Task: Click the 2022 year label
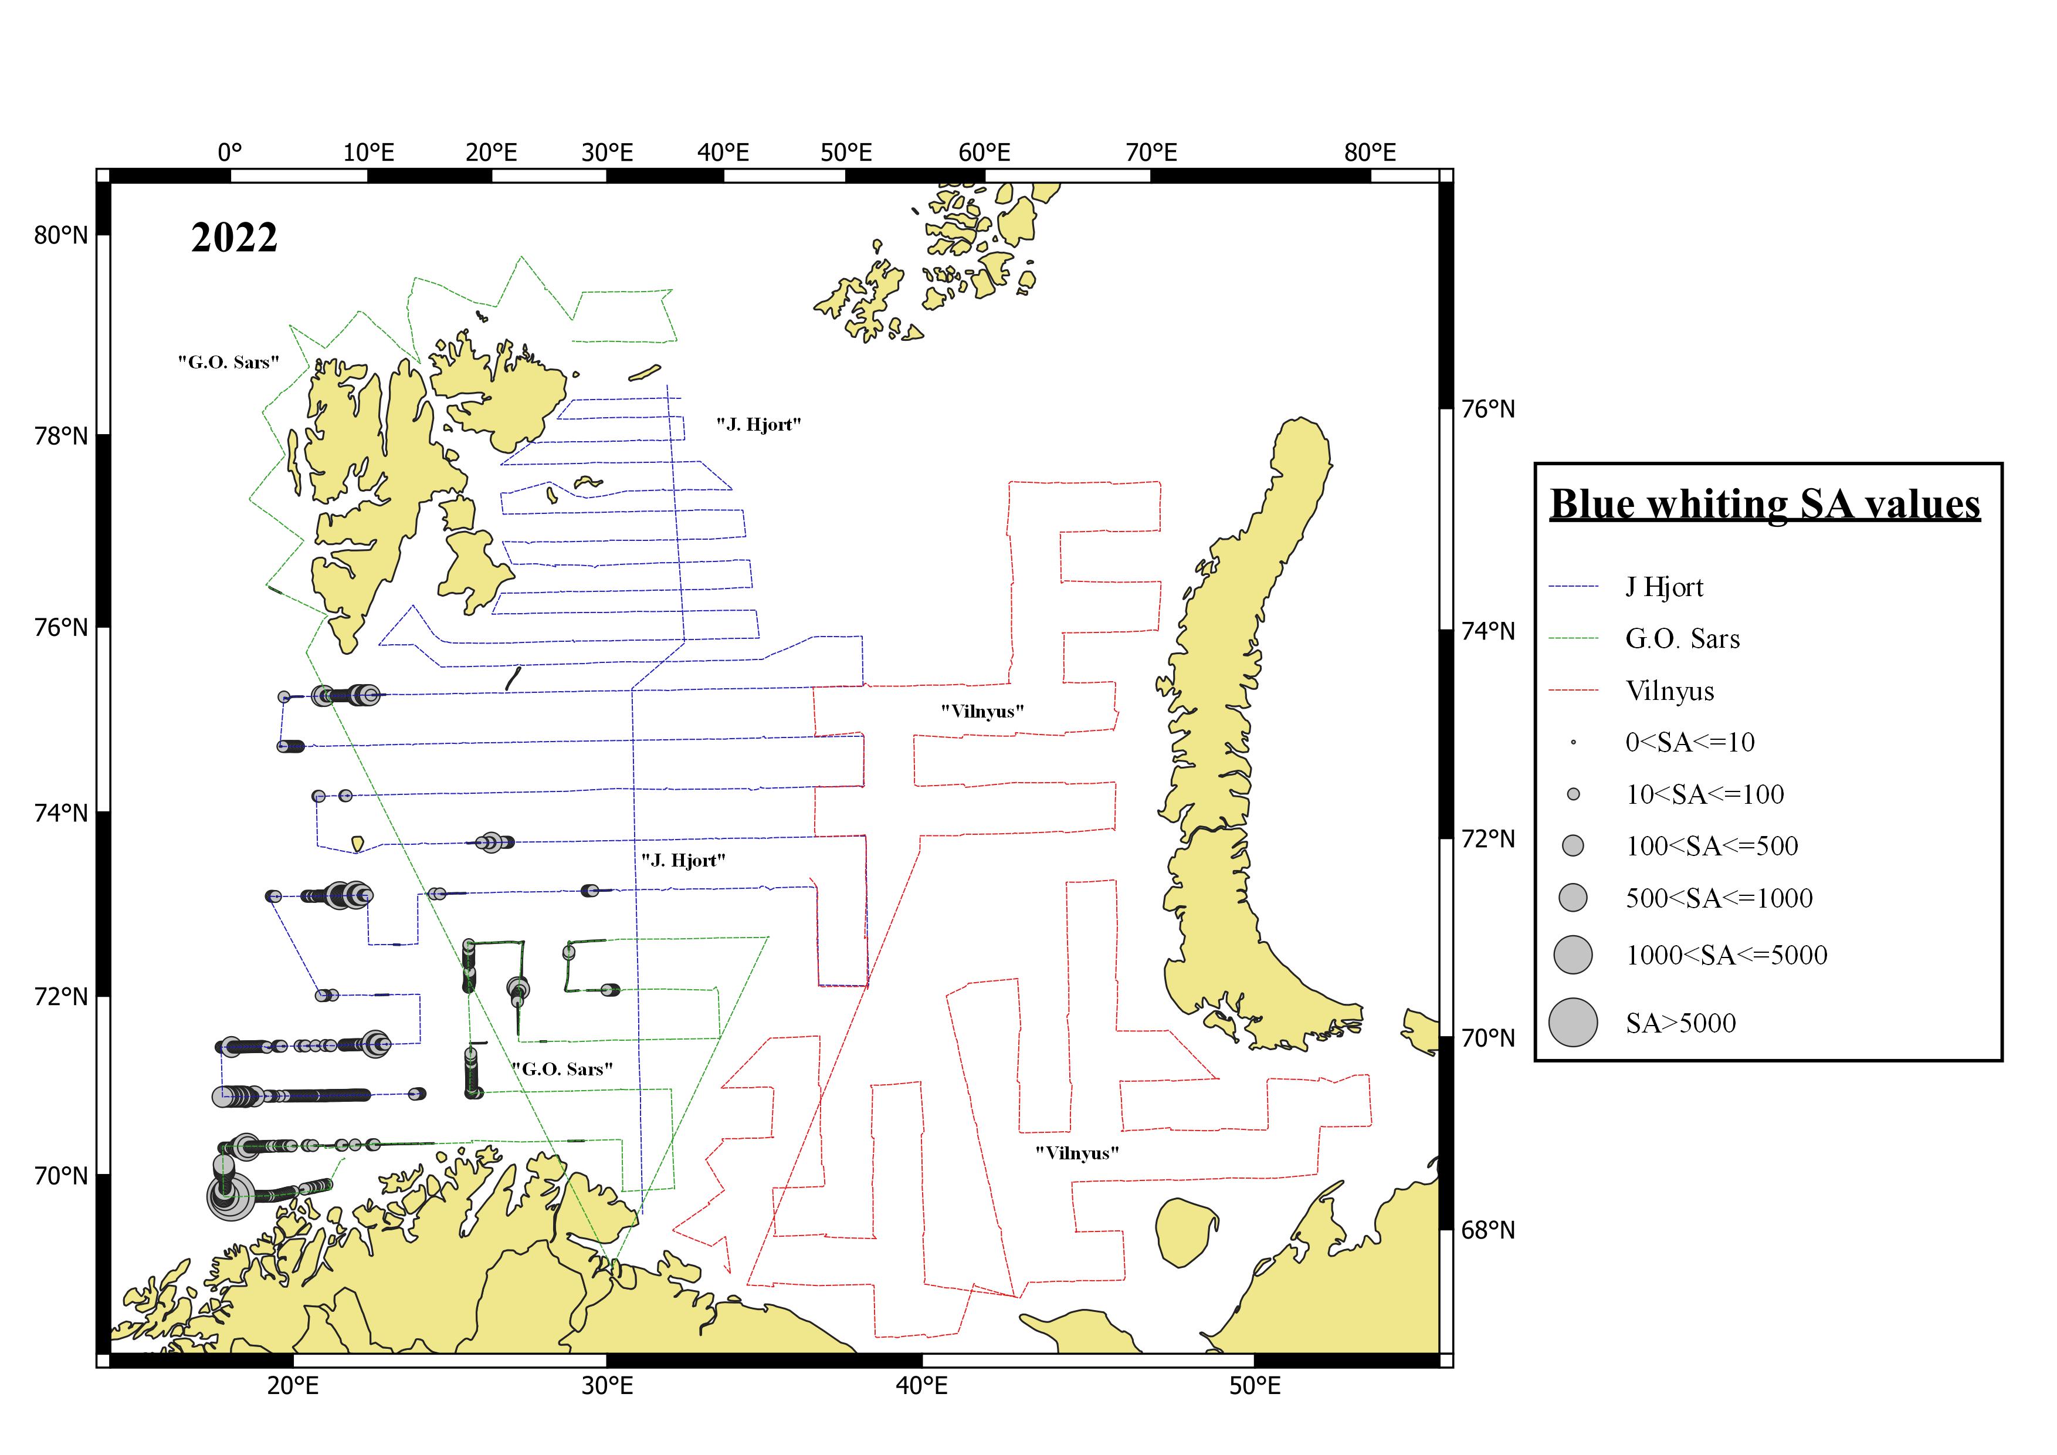[234, 238]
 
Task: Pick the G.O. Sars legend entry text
[1682, 639]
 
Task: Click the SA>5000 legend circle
[1573, 1021]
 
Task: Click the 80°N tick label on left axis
[61, 235]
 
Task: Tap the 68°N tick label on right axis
[1487, 1230]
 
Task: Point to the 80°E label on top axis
[1369, 153]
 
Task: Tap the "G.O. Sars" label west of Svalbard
[228, 362]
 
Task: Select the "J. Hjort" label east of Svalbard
[758, 425]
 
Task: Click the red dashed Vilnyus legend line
[1573, 691]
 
